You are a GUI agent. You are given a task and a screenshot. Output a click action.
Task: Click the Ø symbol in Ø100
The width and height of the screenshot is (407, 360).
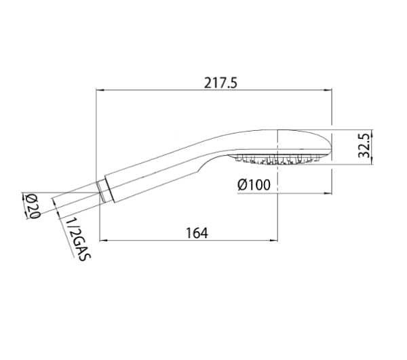[x=242, y=184]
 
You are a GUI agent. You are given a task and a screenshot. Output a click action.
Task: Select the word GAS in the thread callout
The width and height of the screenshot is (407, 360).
[x=81, y=250]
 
